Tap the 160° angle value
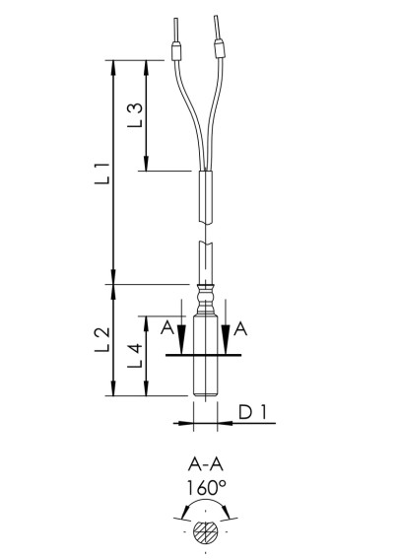pyautogui.click(x=206, y=487)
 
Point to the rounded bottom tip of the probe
pyautogui.click(x=205, y=395)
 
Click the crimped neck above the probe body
pyautogui.click(x=205, y=294)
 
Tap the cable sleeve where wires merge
pyautogui.click(x=205, y=192)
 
